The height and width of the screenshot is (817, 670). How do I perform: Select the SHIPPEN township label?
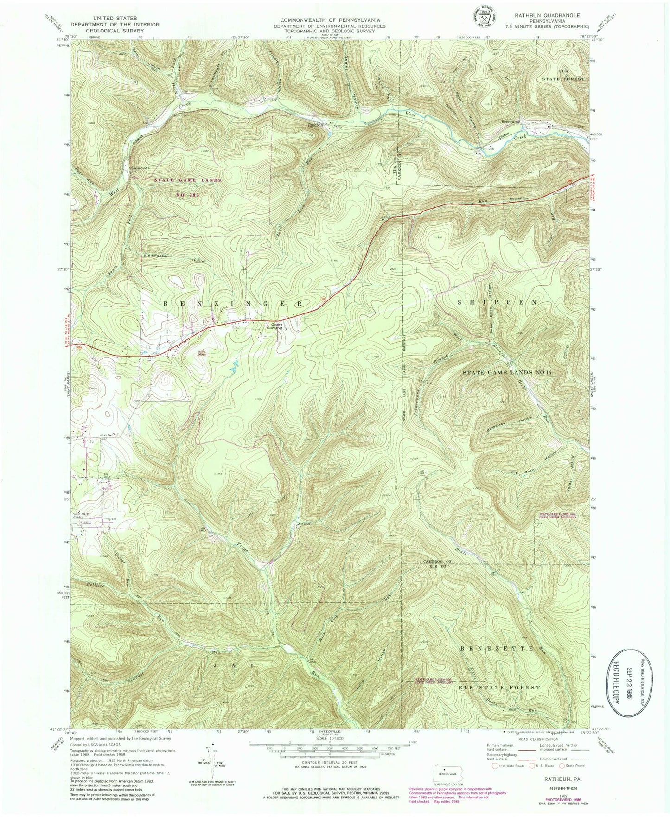click(x=497, y=302)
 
